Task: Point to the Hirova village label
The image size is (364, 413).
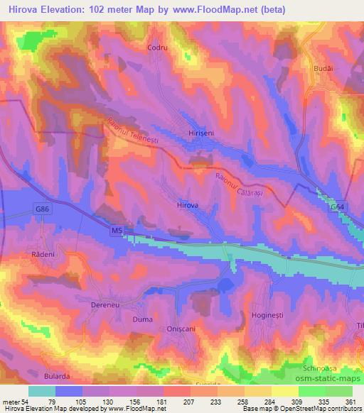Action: click(x=187, y=204)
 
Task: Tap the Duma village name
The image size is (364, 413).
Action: click(x=143, y=320)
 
